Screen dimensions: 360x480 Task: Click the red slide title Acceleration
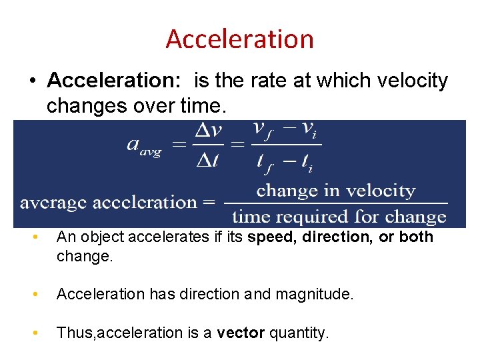coord(239,39)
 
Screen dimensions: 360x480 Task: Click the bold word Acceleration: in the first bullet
coord(117,81)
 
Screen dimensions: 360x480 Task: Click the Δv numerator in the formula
coord(208,133)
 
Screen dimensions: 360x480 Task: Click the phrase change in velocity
coord(335,191)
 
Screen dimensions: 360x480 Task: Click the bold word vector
coord(241,333)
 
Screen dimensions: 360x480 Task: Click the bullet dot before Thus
coord(41,332)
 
